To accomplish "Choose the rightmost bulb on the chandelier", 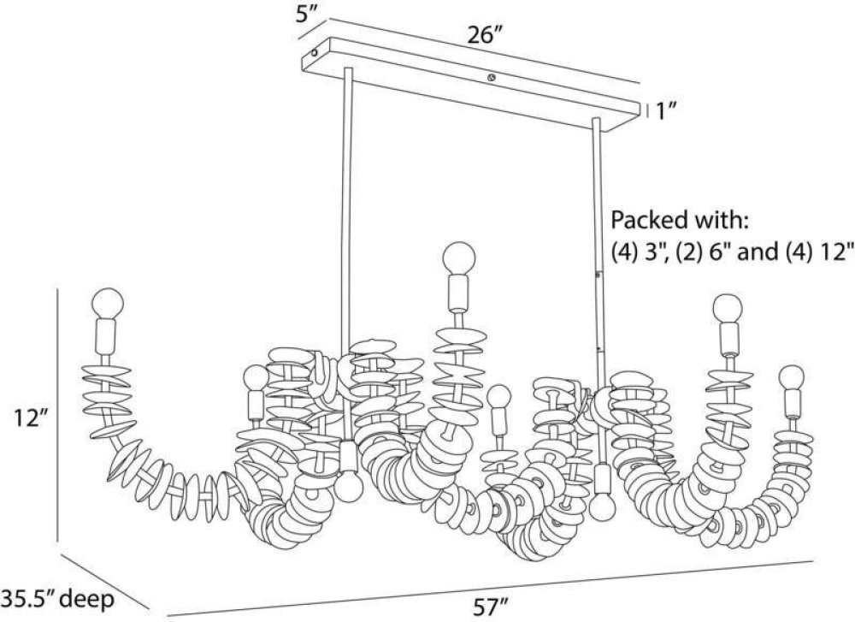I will point(792,378).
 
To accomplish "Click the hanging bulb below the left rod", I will point(349,487).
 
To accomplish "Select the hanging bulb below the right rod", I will point(603,506).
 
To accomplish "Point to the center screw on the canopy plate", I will point(490,79).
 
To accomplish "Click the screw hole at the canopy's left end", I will point(315,53).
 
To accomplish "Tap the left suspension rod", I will point(345,214).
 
